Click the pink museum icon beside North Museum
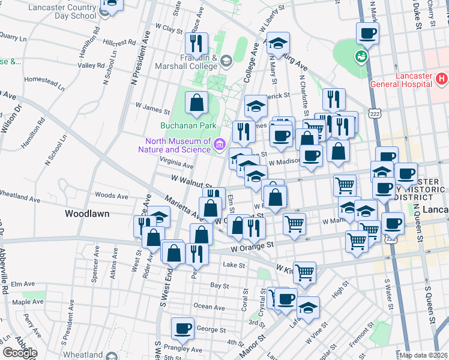(x=220, y=144)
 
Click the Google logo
(x=20, y=352)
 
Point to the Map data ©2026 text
(x=423, y=355)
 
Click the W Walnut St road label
(x=192, y=179)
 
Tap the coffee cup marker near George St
(x=183, y=328)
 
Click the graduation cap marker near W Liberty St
(x=278, y=43)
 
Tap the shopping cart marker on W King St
(x=304, y=272)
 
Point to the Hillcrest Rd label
(x=124, y=43)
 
